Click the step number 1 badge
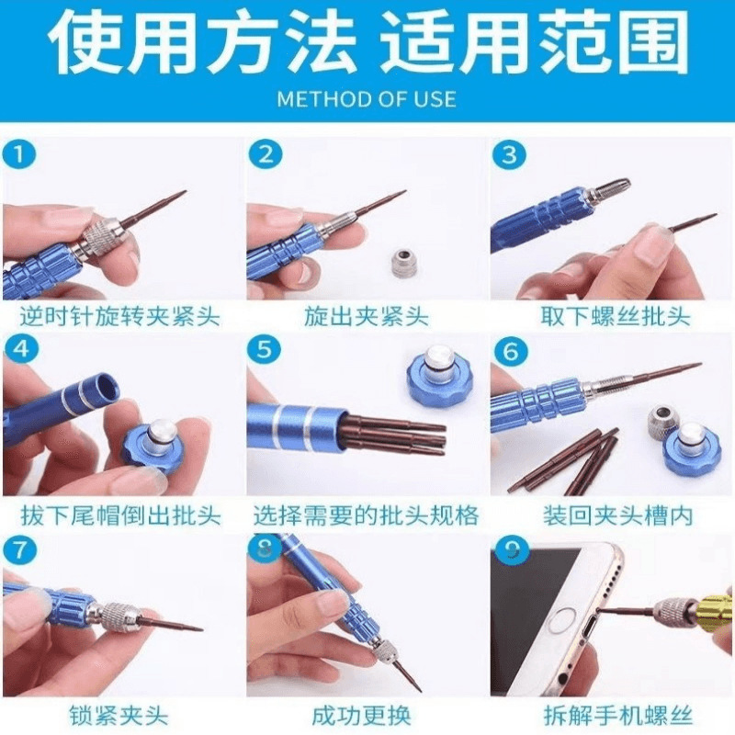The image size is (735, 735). pyautogui.click(x=19, y=154)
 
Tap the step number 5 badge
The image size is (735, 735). pyautogui.click(x=265, y=350)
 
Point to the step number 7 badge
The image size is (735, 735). pyautogui.click(x=19, y=549)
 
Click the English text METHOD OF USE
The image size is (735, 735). pyautogui.click(x=367, y=99)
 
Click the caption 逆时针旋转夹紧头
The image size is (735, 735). pyautogui.click(x=120, y=316)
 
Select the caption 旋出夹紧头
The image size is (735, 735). pyautogui.click(x=366, y=316)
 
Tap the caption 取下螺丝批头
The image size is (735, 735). pyautogui.click(x=616, y=316)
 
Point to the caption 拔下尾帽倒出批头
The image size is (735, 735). pyautogui.click(x=120, y=515)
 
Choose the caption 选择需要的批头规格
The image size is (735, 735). pyautogui.click(x=366, y=515)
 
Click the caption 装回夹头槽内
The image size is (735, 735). pyautogui.click(x=617, y=515)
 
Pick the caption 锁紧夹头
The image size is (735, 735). pyautogui.click(x=119, y=716)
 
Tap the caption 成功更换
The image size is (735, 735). pyautogui.click(x=361, y=716)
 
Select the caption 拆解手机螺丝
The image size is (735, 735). pyautogui.click(x=617, y=716)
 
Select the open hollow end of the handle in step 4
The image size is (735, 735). pyautogui.click(x=107, y=388)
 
